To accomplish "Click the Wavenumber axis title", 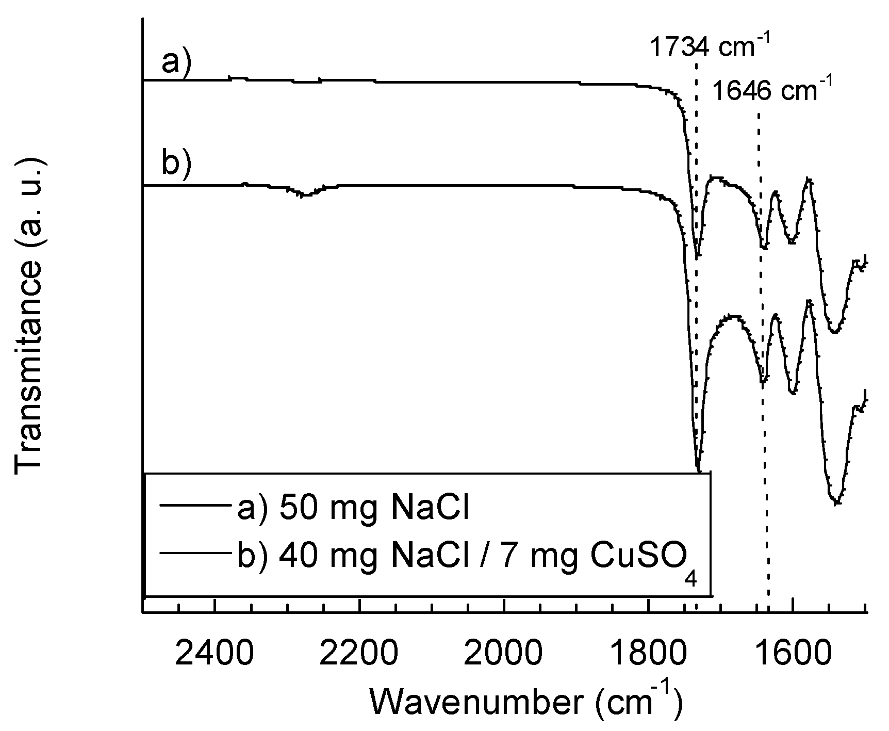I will pyautogui.click(x=525, y=702).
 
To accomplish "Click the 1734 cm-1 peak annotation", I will pyautogui.click(x=709, y=47).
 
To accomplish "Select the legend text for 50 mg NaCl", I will pyautogui.click(x=353, y=509).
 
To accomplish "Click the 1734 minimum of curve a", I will pyautogui.click(x=697, y=255).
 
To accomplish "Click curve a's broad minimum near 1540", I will pyautogui.click(x=834, y=331).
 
